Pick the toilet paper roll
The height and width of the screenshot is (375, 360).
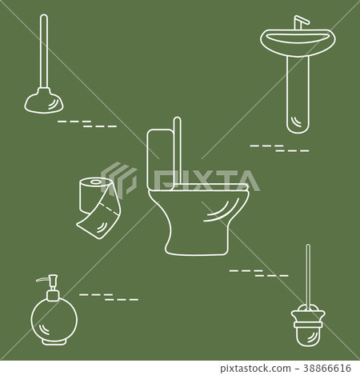(94, 192)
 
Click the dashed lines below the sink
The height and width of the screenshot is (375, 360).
(279, 147)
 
